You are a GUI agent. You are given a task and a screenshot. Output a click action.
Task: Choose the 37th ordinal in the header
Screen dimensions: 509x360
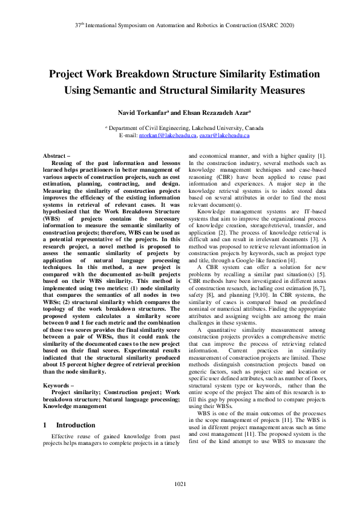pyautogui.click(x=79, y=27)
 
